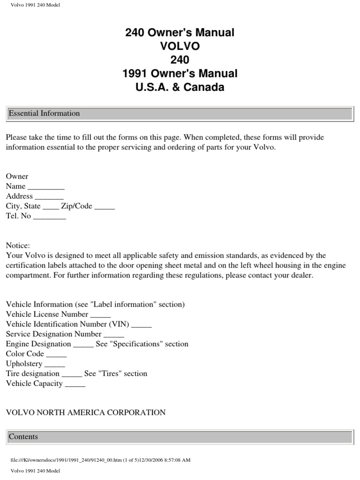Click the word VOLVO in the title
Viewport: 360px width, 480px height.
coord(180,46)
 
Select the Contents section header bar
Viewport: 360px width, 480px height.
coord(23,437)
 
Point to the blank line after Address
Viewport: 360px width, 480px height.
coord(49,197)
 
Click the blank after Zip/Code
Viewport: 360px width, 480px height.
coord(105,207)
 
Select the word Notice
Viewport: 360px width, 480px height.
coord(18,246)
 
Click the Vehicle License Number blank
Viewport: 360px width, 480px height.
coord(100,315)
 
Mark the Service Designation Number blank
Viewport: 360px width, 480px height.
coord(113,335)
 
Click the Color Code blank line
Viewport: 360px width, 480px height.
coord(56,354)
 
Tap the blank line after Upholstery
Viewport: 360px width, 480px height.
coord(54,364)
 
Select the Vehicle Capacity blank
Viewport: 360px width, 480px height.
coord(75,384)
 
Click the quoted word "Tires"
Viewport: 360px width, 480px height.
coord(97,374)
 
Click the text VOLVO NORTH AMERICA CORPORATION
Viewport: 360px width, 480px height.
coord(86,413)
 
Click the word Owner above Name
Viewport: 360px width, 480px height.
coord(17,177)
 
